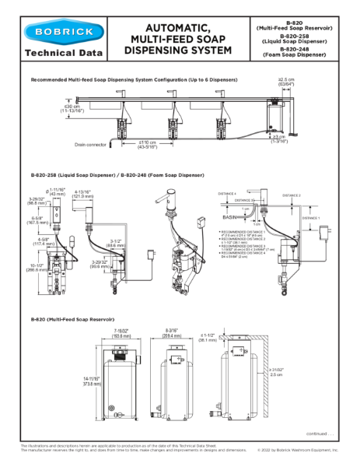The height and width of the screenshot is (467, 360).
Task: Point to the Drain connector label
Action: (90, 144)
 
